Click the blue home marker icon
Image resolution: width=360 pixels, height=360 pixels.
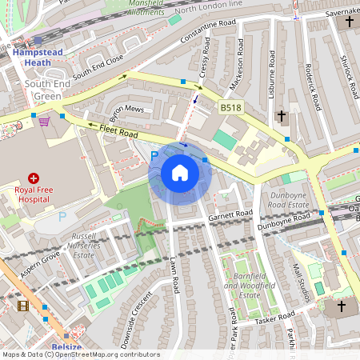pos(180,173)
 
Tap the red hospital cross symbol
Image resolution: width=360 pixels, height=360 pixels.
pos(34,178)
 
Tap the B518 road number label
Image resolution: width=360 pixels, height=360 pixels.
pos(230,106)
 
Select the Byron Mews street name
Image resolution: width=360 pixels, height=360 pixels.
pos(127,110)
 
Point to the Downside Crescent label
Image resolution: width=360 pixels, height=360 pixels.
pos(136,319)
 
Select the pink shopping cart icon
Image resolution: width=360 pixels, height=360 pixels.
pos(44,121)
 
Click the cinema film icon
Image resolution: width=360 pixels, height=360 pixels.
pos(22,305)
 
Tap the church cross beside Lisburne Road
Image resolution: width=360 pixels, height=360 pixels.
pos(281,117)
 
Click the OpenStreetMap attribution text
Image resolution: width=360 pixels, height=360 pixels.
pos(80,354)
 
